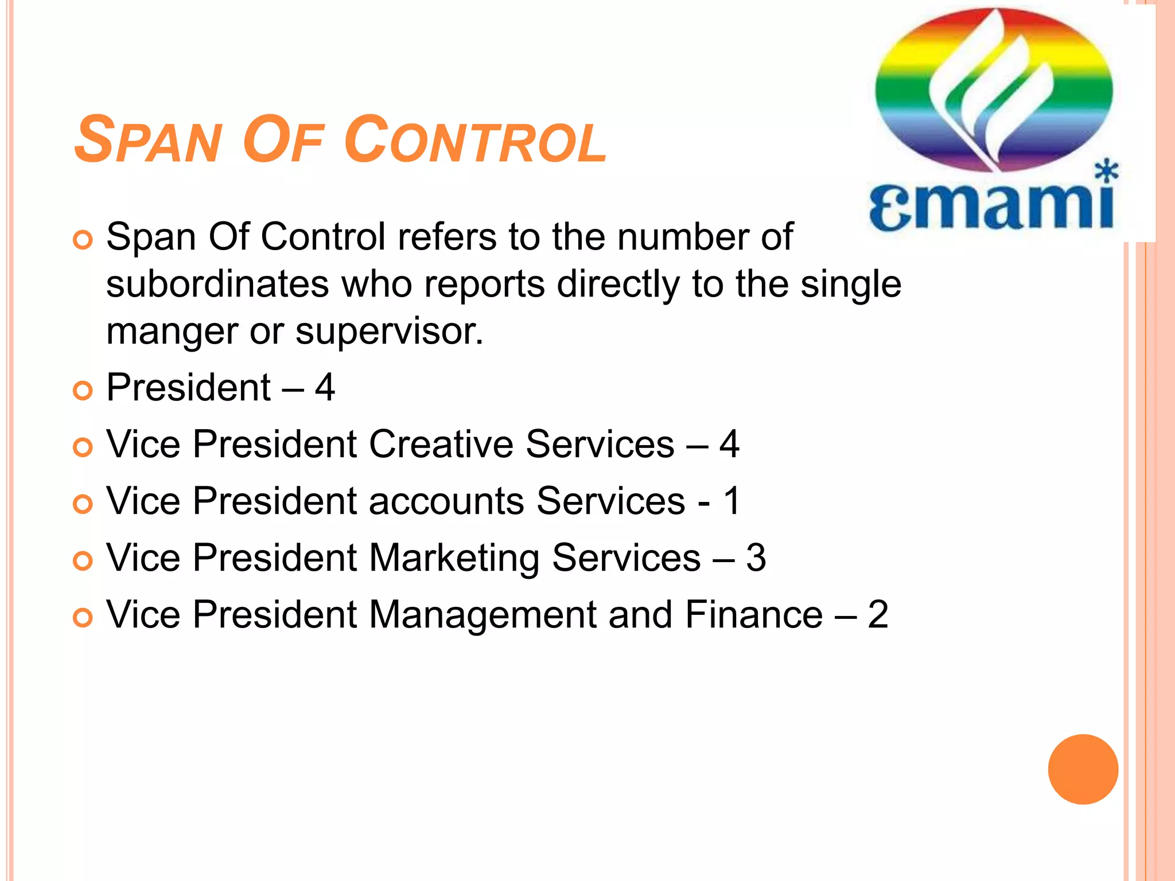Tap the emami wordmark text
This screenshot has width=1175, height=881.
(991, 206)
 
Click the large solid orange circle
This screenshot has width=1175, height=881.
(1083, 769)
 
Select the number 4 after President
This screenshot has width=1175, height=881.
(325, 388)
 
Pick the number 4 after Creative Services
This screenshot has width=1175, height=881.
(729, 445)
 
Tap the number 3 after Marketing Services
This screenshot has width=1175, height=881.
(756, 558)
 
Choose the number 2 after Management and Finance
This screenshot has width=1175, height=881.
(878, 615)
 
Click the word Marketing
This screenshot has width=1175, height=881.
(454, 558)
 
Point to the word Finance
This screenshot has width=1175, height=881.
(754, 615)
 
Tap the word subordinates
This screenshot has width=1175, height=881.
(217, 284)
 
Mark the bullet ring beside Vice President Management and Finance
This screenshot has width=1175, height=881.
(83, 618)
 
